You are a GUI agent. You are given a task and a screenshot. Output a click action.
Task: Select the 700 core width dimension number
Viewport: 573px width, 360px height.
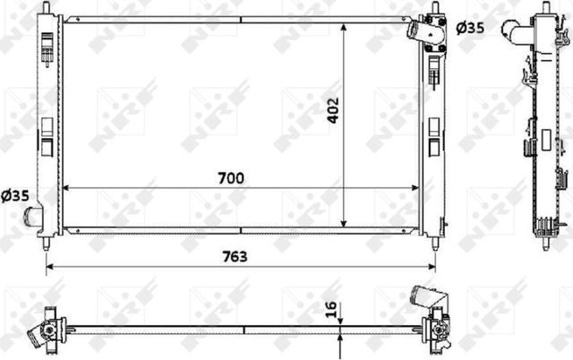click(231, 177)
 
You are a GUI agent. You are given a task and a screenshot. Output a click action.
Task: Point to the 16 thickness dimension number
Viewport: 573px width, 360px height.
click(331, 312)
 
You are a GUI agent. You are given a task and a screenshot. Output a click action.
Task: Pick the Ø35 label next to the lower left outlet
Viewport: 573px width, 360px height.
click(15, 195)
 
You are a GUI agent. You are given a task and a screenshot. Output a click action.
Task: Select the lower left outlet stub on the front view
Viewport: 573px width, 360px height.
click(33, 216)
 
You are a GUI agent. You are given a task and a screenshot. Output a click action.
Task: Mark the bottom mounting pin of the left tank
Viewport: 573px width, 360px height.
click(47, 243)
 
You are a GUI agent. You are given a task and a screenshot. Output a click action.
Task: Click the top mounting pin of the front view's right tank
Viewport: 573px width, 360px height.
click(434, 8)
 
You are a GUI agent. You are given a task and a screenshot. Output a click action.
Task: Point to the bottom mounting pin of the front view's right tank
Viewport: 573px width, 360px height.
click(434, 243)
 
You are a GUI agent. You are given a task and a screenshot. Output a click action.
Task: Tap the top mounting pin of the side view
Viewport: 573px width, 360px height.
click(544, 9)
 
